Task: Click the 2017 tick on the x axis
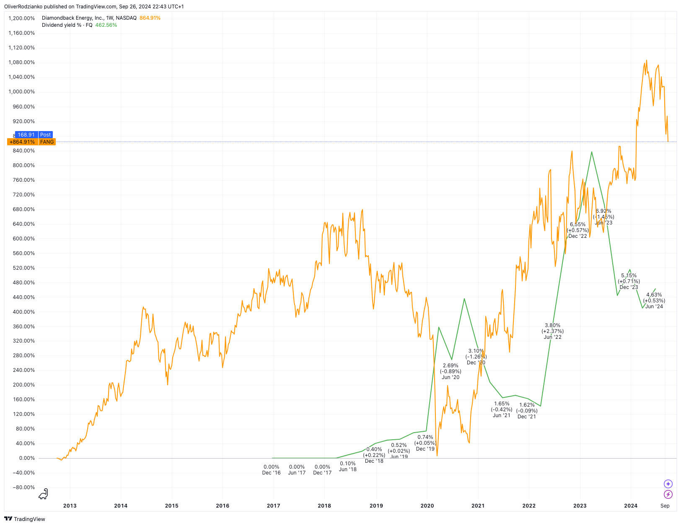[x=273, y=505]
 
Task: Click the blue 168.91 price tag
[x=26, y=135]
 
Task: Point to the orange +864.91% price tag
[x=22, y=142]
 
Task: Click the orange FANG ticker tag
[x=47, y=142]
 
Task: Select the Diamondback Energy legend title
[x=89, y=18]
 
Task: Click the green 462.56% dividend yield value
[x=106, y=25]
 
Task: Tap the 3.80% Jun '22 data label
[x=552, y=331]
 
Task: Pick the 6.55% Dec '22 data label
[x=577, y=230]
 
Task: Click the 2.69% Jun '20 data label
[x=451, y=371]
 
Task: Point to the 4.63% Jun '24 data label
[x=654, y=301]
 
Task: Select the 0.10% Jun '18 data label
[x=348, y=467]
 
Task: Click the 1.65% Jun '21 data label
[x=502, y=410]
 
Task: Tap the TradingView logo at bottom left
[x=25, y=519]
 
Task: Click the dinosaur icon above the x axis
[x=43, y=494]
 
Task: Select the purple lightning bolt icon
[x=668, y=495]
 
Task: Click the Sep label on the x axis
[x=665, y=505]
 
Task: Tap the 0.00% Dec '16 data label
[x=272, y=470]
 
